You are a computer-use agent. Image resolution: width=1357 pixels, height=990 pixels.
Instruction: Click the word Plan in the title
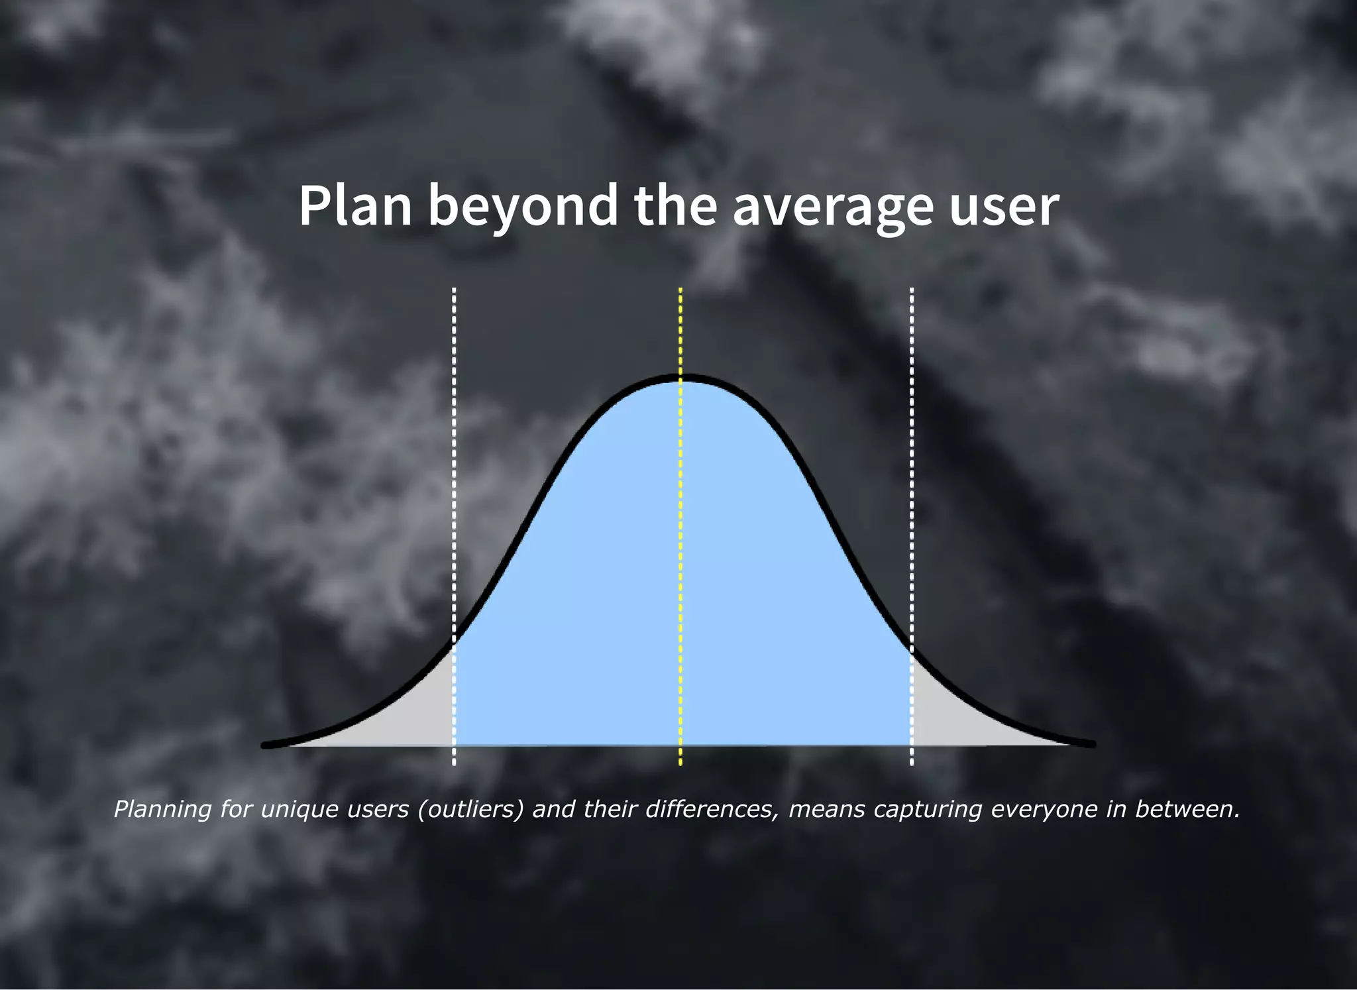[x=355, y=205]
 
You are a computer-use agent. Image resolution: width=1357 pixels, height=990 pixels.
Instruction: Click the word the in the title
[x=675, y=205]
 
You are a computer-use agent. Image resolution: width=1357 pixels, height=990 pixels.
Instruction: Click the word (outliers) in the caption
[x=470, y=809]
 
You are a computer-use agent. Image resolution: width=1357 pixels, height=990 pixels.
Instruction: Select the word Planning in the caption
[x=162, y=809]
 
